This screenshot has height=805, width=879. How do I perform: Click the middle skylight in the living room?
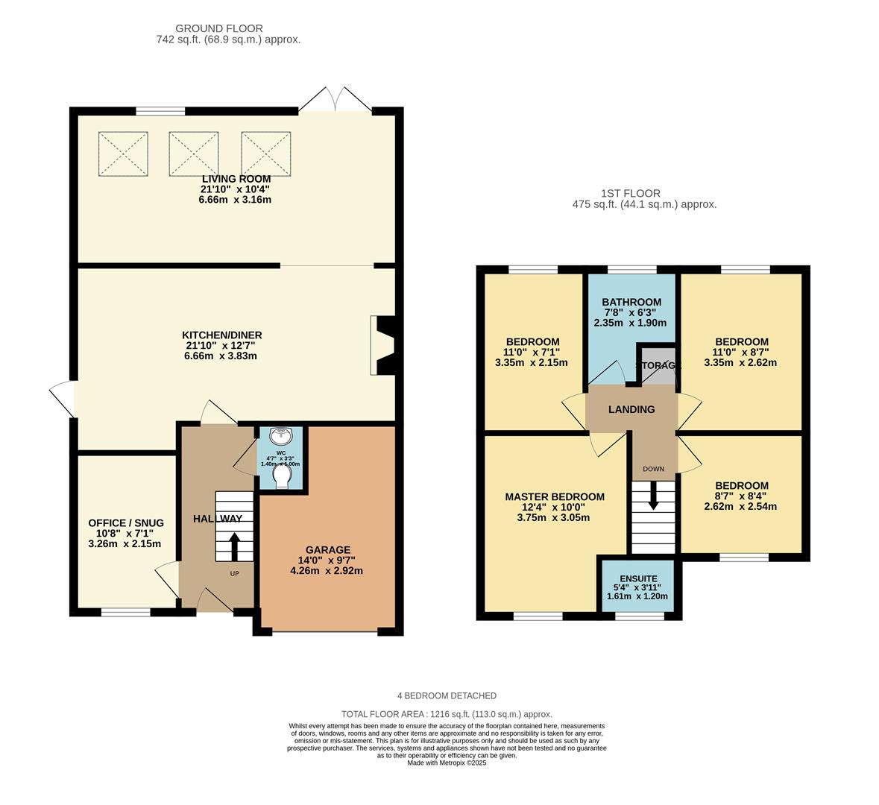point(194,154)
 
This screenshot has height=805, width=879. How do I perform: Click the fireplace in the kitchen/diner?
point(383,346)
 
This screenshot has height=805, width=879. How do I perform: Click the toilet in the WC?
point(281,476)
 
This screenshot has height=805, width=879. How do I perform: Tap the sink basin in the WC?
point(282,437)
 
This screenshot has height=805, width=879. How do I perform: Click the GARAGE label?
point(327,550)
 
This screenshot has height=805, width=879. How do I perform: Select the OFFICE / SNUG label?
point(125,523)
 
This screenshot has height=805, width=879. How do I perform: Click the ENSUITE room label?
point(638,578)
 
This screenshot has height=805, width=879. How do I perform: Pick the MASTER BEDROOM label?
point(554,496)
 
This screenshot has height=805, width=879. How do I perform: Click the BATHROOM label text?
point(631,302)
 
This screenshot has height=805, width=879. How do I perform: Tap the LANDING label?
point(631,409)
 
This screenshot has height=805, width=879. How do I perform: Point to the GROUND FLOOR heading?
point(219,29)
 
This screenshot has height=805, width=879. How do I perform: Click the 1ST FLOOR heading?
point(633,193)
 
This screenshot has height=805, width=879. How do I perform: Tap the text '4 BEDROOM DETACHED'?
point(447,695)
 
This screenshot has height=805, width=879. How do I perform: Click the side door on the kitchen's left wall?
point(63,399)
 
